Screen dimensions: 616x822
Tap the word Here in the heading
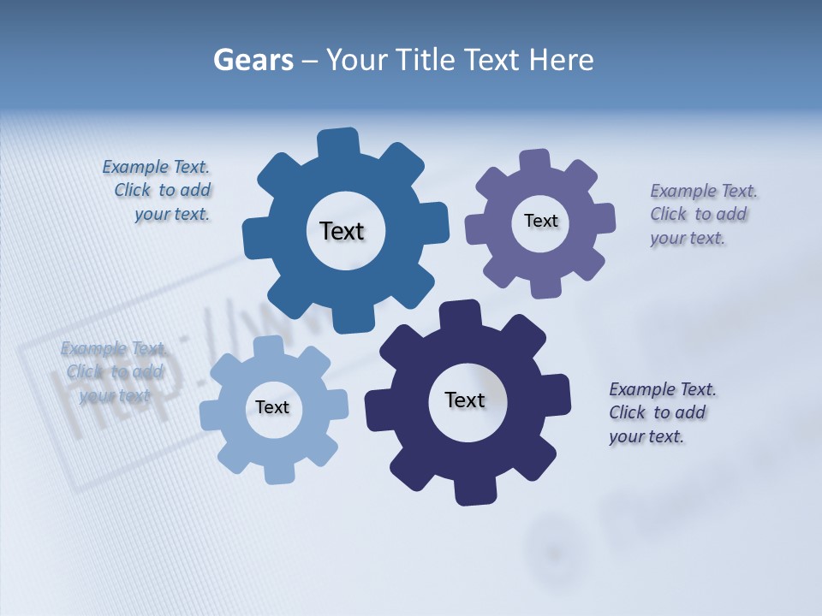(x=560, y=60)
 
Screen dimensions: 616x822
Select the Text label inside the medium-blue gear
(x=342, y=231)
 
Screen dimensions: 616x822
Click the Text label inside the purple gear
(x=540, y=221)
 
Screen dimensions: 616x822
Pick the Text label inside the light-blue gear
(x=272, y=407)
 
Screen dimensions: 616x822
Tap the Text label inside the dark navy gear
(x=465, y=400)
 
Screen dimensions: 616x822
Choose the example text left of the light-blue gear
(x=113, y=372)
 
